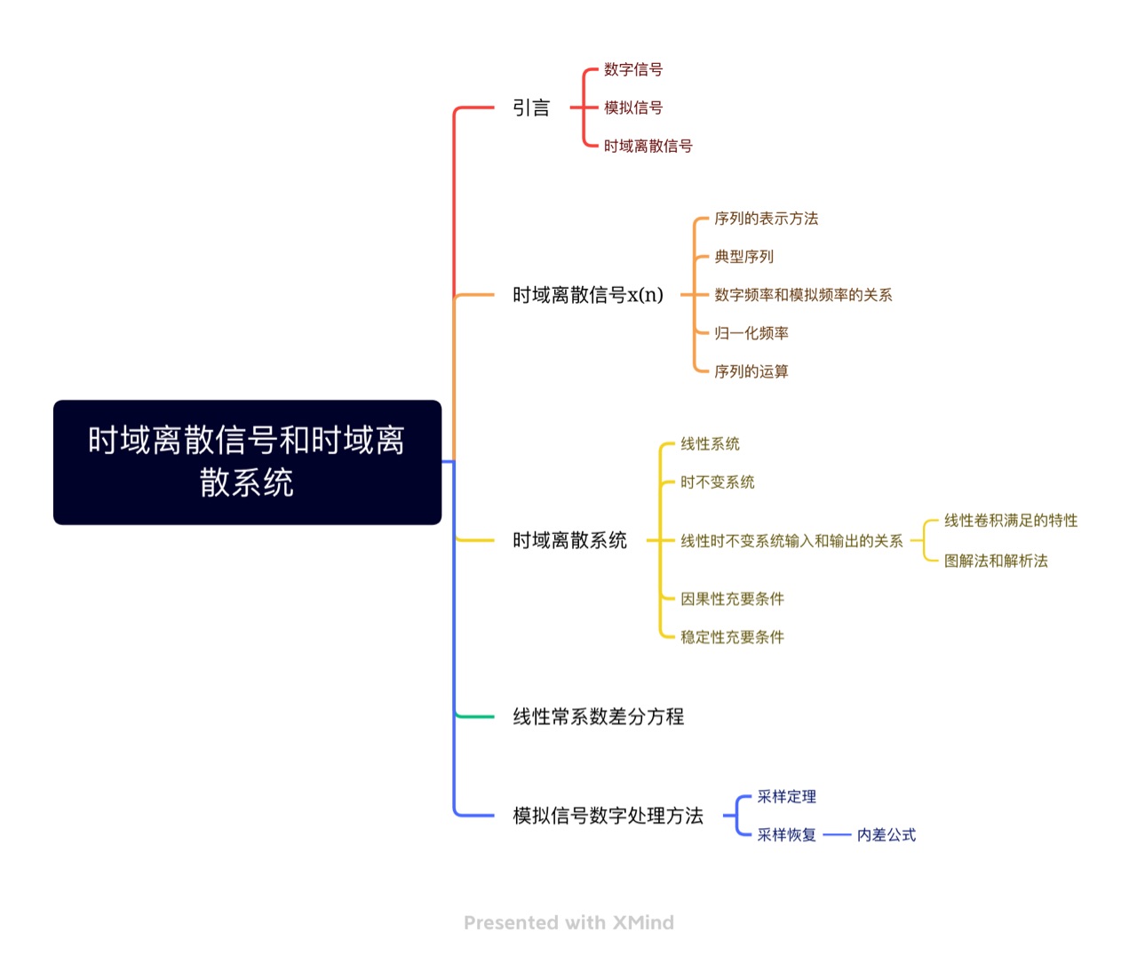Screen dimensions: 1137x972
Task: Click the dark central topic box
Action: [247, 462]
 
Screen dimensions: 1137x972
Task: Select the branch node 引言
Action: [531, 108]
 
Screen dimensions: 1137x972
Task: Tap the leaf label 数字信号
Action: [633, 69]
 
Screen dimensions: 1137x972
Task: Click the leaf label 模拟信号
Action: [633, 108]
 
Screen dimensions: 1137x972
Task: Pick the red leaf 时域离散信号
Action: [648, 146]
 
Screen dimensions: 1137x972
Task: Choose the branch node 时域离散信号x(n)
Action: [587, 295]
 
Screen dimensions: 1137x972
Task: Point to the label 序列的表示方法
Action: [767, 219]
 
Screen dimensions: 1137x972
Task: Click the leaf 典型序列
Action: [743, 257]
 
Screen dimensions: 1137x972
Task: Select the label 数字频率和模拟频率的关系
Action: [803, 295]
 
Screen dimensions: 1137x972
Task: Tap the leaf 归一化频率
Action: [751, 333]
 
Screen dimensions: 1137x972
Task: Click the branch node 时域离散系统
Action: [569, 540]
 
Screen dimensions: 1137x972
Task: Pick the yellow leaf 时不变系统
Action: [718, 482]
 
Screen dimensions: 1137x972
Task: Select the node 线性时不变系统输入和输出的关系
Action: [791, 541]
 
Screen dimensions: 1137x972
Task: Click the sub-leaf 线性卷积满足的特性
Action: [1011, 521]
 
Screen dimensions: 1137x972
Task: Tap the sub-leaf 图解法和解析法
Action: [996, 561]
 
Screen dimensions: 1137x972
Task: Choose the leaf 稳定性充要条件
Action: [732, 637]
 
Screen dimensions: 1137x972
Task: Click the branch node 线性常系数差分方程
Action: [598, 716]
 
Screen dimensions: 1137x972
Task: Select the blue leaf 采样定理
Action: [787, 796]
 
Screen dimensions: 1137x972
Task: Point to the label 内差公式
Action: [887, 835]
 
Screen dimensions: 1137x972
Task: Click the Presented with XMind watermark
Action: [568, 922]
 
